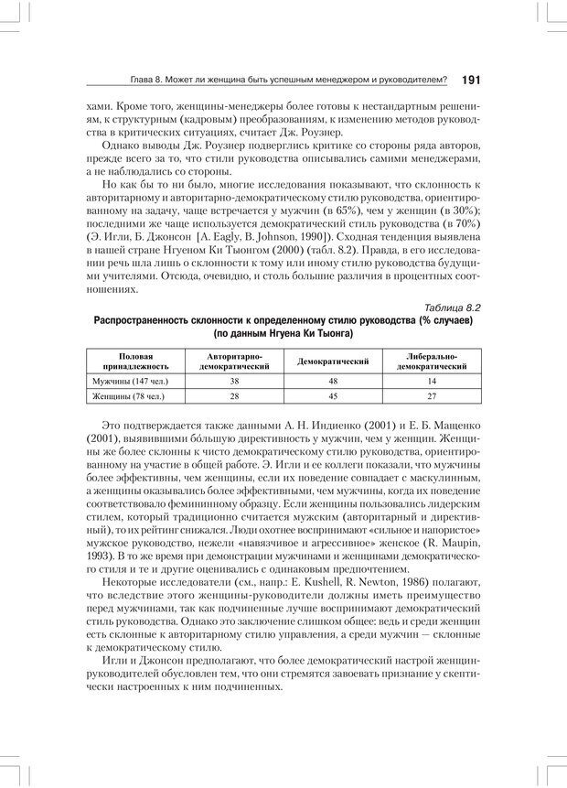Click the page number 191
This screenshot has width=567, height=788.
point(470,81)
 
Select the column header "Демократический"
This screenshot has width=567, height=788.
point(333,362)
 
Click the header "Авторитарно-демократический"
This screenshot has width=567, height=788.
point(234,362)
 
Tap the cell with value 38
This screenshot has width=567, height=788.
point(234,380)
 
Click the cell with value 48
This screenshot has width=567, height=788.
point(333,380)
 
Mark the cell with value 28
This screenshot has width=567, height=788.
point(234,396)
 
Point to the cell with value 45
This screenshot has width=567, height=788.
point(333,396)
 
